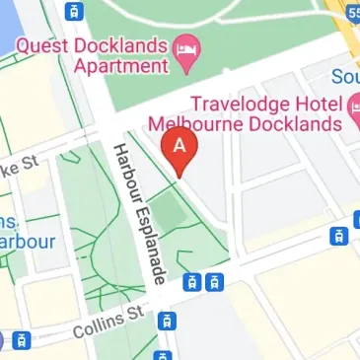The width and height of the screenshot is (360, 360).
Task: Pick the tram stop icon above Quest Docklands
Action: [x=72, y=12]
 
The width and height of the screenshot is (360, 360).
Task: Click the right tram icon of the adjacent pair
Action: [x=214, y=282]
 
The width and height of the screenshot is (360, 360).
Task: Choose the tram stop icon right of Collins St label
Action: [x=169, y=320]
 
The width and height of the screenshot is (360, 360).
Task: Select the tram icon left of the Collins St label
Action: [x=21, y=340]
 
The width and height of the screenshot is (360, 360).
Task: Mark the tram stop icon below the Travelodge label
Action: [x=338, y=235]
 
